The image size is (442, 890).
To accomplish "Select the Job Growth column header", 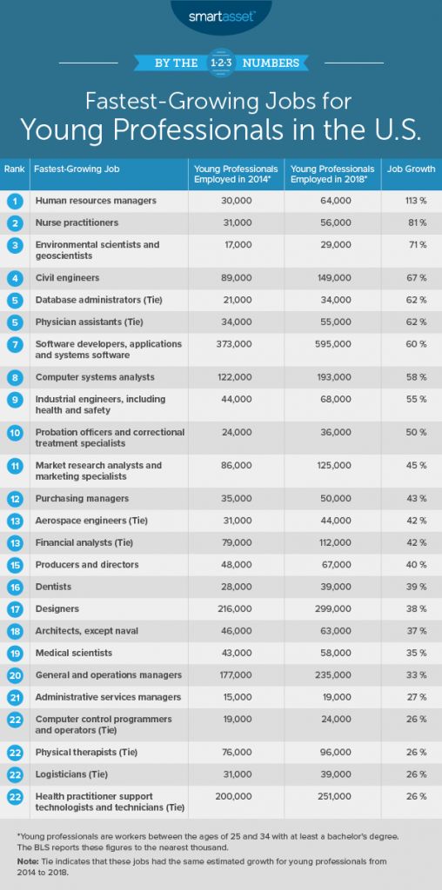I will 405,169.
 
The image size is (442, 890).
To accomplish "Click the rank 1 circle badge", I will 15,201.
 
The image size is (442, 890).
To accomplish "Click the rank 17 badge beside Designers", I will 15,608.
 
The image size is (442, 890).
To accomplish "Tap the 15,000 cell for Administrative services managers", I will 225,696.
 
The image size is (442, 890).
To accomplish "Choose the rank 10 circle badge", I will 15,432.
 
